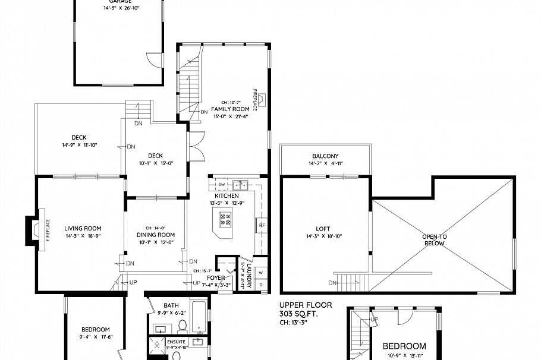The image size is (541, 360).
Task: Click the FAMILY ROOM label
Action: pyautogui.click(x=229, y=109)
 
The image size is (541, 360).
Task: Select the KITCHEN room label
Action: pyautogui.click(x=227, y=195)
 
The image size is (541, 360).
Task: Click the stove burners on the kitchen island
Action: pyautogui.click(x=227, y=219)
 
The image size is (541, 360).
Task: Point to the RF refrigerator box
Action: pyautogui.click(x=261, y=225)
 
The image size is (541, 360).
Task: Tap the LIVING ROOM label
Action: pyautogui.click(x=83, y=228)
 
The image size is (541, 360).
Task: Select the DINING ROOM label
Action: pyautogui.click(x=155, y=235)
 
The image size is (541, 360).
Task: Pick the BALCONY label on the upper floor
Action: pyautogui.click(x=323, y=156)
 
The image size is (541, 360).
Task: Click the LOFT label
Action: pyautogui.click(x=323, y=228)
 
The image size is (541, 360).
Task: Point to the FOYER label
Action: pyautogui.click(x=216, y=277)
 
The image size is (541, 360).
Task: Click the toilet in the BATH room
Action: pyautogui.click(x=183, y=325)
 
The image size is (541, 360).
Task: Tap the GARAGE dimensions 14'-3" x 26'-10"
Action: pyautogui.click(x=121, y=9)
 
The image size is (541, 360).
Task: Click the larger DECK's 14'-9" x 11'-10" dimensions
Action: pyautogui.click(x=79, y=145)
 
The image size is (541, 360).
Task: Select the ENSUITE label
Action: pyautogui.click(x=176, y=342)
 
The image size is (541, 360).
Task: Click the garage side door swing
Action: pyautogui.click(x=154, y=59)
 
